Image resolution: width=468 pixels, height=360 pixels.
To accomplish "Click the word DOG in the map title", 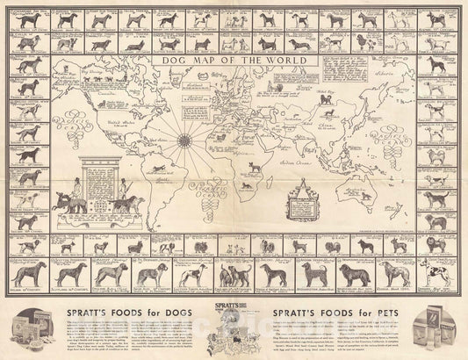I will [181, 62].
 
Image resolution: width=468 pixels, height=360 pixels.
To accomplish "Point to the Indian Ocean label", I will [327, 168].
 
